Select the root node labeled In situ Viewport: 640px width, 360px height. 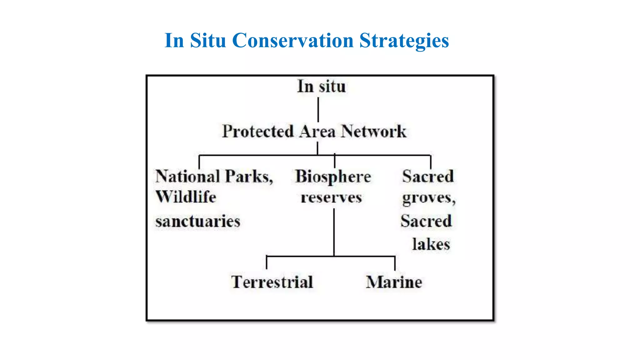click(x=321, y=87)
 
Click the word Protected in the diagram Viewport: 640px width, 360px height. click(x=258, y=131)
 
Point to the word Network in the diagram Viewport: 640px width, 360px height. click(x=373, y=131)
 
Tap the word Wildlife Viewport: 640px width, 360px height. click(x=186, y=197)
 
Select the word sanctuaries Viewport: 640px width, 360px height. click(x=197, y=221)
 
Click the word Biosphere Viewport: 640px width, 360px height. click(x=333, y=177)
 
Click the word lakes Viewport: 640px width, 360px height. click(x=431, y=244)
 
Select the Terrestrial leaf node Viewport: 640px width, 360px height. click(x=272, y=282)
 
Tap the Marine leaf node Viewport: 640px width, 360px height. click(x=394, y=282)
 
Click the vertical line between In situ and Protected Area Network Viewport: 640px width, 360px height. click(x=318, y=109)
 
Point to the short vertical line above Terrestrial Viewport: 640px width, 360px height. click(x=267, y=262)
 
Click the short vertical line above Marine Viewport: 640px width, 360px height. click(x=395, y=263)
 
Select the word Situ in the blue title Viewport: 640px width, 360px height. click(x=208, y=41)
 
